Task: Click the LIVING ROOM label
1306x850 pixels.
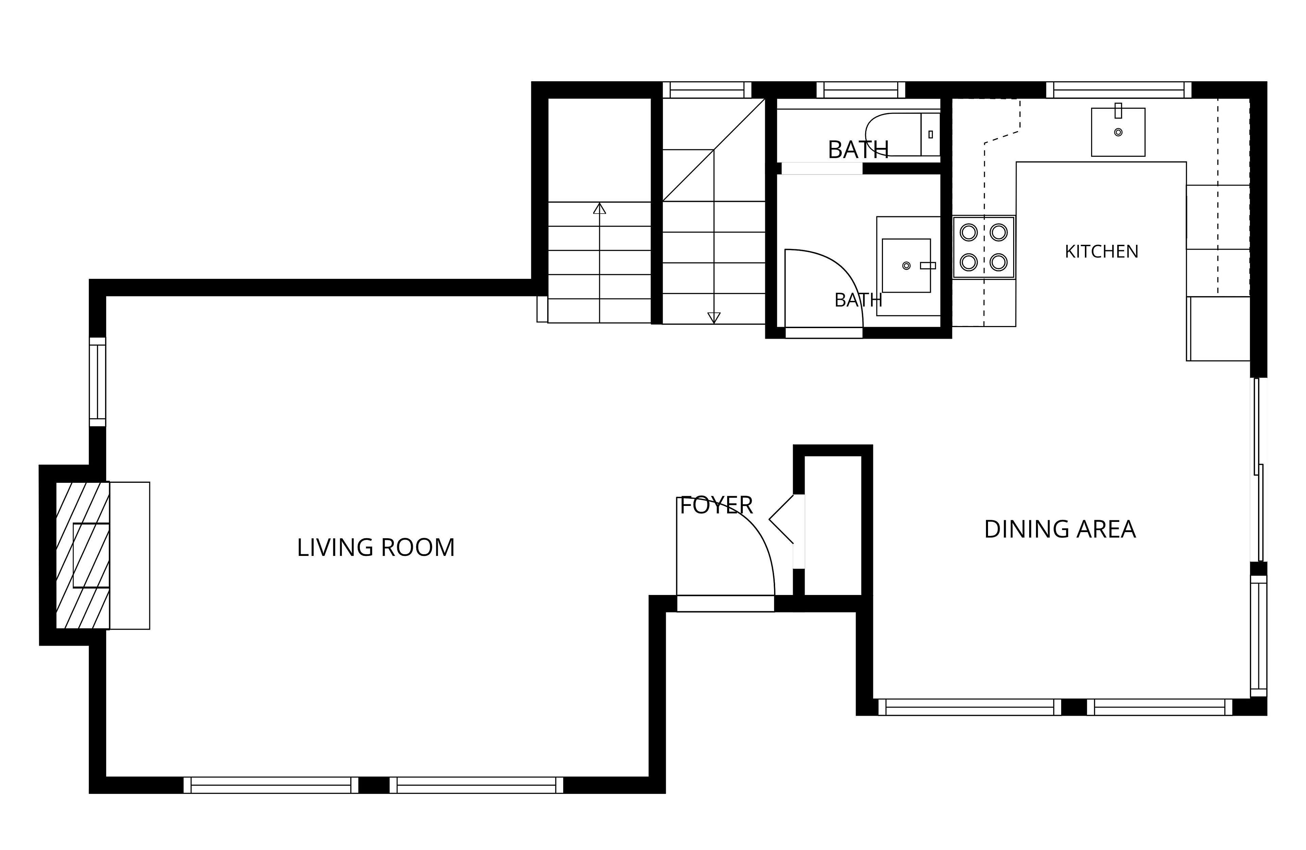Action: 376,548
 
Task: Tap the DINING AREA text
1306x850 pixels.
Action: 1060,529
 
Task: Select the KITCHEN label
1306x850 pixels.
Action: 1101,251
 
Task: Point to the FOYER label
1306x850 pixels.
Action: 716,505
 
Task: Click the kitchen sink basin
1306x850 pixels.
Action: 1118,132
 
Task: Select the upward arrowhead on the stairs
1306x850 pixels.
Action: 599,208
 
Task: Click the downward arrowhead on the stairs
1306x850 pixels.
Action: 713,318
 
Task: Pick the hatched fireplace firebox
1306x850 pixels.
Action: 82,555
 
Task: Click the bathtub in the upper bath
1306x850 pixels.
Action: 902,134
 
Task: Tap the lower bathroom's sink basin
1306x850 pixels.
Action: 906,266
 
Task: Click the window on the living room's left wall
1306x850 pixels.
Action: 98,381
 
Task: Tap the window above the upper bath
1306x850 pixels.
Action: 860,90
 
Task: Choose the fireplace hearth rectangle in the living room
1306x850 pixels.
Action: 130,555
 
